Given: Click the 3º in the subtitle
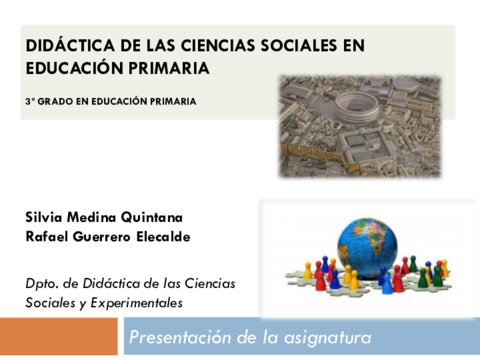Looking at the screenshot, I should (x=31, y=101).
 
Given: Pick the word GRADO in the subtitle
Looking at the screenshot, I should (x=58, y=101).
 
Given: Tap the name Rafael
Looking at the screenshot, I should (x=49, y=236).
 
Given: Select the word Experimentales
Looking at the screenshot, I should (x=136, y=302).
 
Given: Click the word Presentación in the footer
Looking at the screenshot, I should (x=183, y=338).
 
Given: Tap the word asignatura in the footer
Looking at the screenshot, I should (x=324, y=338).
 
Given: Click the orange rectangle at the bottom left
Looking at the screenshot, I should (x=59, y=337).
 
